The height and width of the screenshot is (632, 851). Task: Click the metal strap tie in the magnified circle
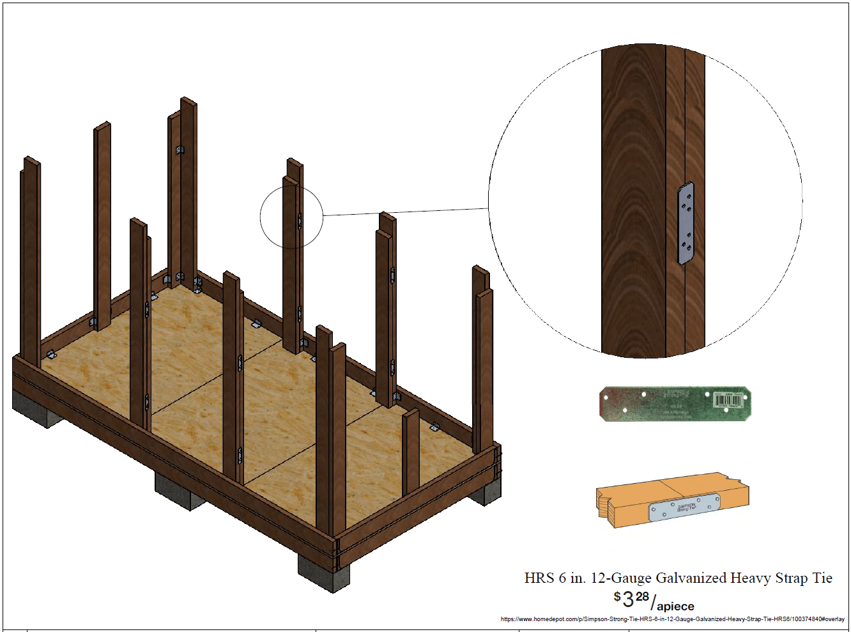click(686, 224)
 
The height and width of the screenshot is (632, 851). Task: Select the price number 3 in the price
click(628, 599)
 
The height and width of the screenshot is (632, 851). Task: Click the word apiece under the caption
click(675, 606)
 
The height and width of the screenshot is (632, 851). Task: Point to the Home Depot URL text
click(672, 619)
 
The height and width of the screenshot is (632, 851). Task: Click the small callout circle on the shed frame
click(291, 217)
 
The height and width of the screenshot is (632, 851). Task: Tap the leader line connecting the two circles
click(406, 212)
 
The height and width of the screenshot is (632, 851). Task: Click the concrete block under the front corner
click(323, 573)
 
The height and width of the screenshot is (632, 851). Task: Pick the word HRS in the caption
click(539, 578)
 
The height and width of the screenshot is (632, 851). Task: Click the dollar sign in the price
click(617, 596)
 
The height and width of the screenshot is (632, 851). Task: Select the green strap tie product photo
click(675, 404)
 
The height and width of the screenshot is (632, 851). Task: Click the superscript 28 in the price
click(642, 596)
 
